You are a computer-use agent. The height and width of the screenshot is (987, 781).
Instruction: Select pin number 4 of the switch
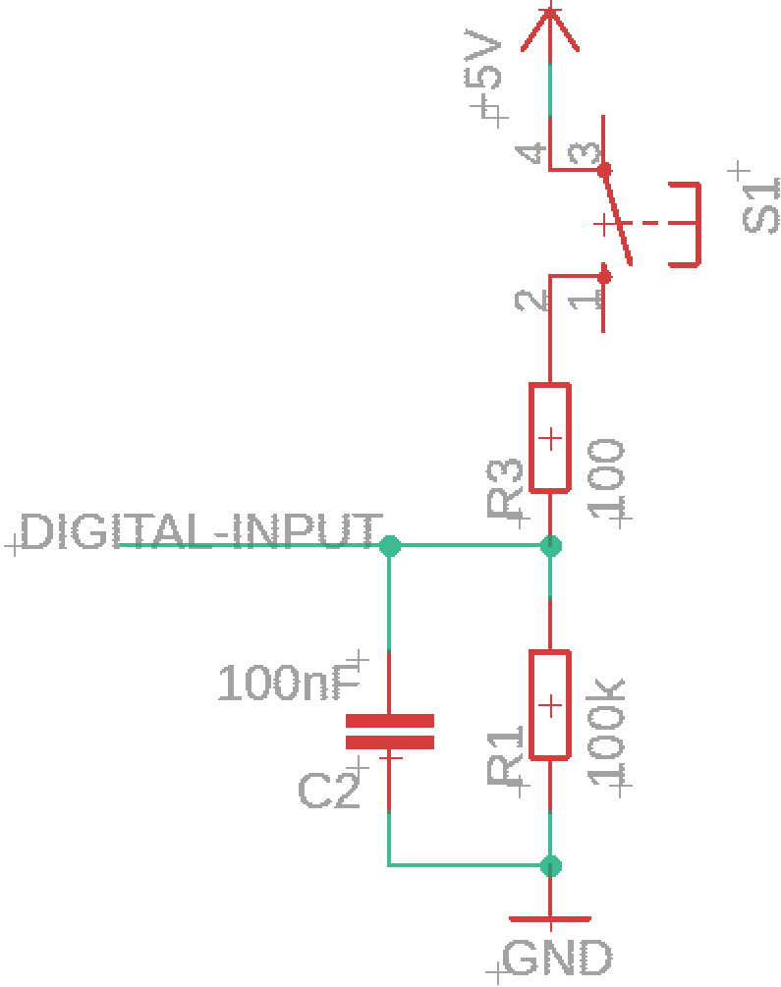pyautogui.click(x=530, y=153)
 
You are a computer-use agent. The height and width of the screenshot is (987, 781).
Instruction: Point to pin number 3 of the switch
pyautogui.click(x=584, y=153)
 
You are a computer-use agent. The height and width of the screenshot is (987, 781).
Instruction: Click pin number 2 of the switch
pyautogui.click(x=530, y=301)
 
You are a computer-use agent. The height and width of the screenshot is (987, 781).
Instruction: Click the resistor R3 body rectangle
pyautogui.click(x=550, y=437)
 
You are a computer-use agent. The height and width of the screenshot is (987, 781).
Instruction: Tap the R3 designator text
pyautogui.click(x=505, y=488)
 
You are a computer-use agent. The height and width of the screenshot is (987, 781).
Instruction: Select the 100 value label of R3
pyautogui.click(x=606, y=477)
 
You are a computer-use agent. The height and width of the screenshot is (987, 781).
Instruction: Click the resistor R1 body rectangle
pyautogui.click(x=550, y=704)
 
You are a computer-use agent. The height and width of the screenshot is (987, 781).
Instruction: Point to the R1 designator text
pyautogui.click(x=505, y=754)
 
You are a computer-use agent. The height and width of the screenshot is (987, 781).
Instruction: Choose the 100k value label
pyautogui.click(x=606, y=732)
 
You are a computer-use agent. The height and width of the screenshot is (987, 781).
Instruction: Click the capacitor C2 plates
pyautogui.click(x=390, y=732)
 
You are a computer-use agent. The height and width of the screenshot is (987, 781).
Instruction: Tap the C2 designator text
pyautogui.click(x=329, y=791)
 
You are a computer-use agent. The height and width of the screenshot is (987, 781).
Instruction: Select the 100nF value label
pyautogui.click(x=290, y=683)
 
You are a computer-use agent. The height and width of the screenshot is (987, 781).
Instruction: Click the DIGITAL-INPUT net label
pyautogui.click(x=201, y=532)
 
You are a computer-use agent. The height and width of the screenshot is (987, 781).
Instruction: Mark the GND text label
pyautogui.click(x=557, y=959)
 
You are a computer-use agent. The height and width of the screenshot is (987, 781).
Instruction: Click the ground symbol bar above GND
pyautogui.click(x=550, y=919)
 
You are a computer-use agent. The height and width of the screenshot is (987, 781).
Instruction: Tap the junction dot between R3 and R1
pyautogui.click(x=550, y=546)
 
